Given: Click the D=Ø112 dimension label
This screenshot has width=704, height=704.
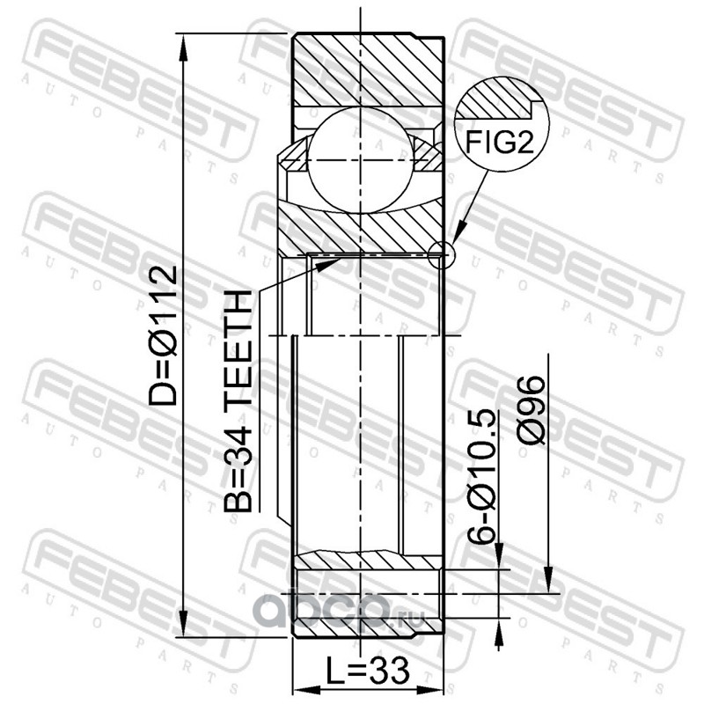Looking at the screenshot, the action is [x=163, y=335].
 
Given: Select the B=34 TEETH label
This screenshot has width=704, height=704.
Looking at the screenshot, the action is [x=238, y=401].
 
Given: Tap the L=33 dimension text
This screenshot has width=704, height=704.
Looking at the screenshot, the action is [x=367, y=671].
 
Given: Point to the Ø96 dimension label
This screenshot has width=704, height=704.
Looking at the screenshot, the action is [x=531, y=410].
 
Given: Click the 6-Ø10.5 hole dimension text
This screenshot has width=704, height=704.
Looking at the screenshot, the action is [x=480, y=477].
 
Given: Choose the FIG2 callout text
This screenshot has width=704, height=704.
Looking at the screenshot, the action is [x=499, y=142].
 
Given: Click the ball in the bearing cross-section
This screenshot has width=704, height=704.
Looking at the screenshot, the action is [x=361, y=160].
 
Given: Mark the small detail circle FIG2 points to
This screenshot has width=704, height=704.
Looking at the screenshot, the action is [x=442, y=255].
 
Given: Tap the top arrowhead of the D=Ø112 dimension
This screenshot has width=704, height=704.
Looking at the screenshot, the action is [x=183, y=48].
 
